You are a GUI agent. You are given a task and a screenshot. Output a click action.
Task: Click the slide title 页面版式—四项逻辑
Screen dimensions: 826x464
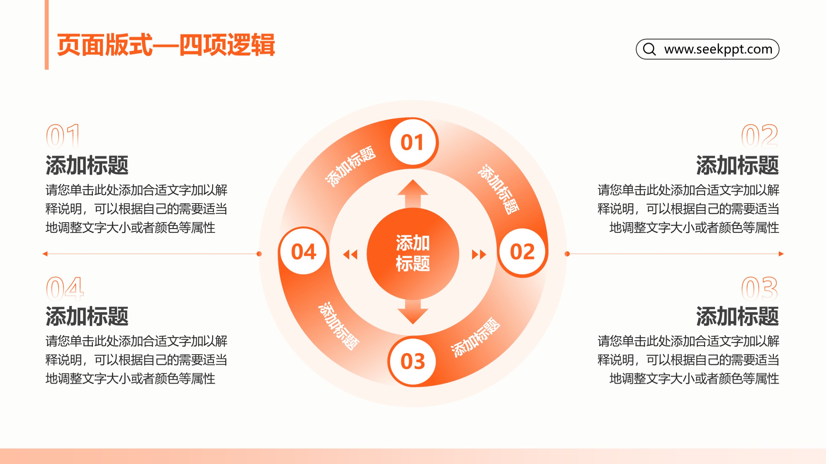pos(166,45)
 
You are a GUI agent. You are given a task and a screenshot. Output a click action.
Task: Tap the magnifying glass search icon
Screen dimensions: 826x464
pos(649,49)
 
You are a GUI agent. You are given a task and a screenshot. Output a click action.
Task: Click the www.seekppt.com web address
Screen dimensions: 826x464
pos(718,49)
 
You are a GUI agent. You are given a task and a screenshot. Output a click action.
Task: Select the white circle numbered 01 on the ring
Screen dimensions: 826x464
pos(412,142)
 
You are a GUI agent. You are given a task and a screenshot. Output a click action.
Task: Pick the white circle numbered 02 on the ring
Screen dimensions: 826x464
pos(522,251)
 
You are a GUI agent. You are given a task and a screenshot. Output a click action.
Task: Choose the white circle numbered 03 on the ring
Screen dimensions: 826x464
pos(413,361)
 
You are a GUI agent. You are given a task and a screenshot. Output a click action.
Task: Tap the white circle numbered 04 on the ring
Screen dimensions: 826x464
pos(304,251)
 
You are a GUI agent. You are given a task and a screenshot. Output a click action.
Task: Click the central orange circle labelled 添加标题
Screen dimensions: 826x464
pos(413,253)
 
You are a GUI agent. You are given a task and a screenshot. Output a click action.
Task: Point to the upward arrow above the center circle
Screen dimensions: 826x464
pos(413,194)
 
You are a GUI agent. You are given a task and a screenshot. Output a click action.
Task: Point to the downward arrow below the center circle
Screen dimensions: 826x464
pos(413,312)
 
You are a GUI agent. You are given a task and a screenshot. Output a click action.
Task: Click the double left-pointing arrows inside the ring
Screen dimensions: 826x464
pos(350,254)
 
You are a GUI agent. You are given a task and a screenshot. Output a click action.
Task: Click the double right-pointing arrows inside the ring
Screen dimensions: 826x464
pos(479,254)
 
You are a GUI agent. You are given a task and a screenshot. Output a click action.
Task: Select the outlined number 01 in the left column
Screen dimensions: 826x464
pos(63,136)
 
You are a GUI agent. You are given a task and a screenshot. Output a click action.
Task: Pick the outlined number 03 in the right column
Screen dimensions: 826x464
pos(760,288)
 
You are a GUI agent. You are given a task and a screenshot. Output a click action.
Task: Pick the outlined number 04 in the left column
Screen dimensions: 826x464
pos(65,288)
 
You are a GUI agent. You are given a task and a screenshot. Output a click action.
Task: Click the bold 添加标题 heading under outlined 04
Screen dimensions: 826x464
pos(87,316)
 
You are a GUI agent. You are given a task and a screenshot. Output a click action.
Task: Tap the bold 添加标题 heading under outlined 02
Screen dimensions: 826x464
pos(737,165)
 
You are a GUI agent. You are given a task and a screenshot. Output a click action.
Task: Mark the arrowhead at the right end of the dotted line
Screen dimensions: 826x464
pos(781,254)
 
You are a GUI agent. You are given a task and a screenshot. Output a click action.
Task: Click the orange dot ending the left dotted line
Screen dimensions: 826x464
pos(259,254)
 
